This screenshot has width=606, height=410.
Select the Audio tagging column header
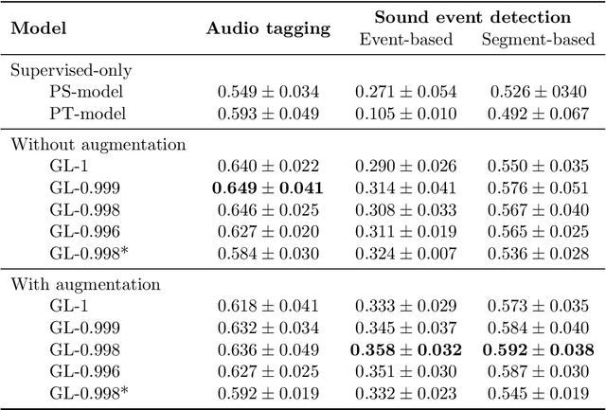point(269,28)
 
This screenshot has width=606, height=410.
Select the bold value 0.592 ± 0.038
point(540,350)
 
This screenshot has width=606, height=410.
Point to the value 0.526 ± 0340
point(539,92)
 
